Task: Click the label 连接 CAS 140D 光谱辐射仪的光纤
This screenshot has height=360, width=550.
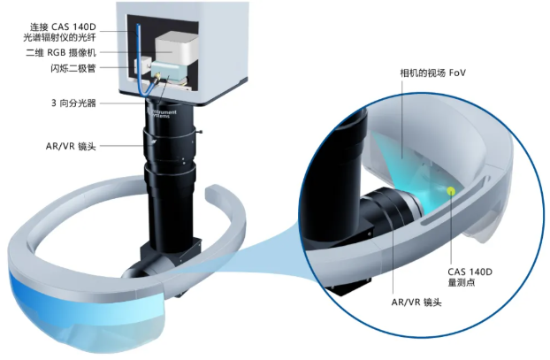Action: [x=59, y=32]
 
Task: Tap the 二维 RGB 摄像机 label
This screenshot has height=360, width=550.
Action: [x=61, y=53]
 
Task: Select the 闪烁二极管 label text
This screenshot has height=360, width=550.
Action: [x=73, y=68]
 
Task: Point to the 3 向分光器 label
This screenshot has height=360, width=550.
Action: [x=73, y=103]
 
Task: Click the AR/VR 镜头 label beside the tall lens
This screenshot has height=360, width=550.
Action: [x=71, y=146]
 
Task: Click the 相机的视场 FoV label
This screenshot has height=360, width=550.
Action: [x=433, y=73]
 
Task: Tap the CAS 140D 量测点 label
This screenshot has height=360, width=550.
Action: [x=470, y=277]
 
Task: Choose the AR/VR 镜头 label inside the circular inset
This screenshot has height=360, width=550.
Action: [x=416, y=303]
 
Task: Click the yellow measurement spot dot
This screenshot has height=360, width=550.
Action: [x=451, y=191]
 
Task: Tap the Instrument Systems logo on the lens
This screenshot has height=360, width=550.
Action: [x=164, y=113]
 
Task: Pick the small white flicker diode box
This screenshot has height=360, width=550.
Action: [x=141, y=67]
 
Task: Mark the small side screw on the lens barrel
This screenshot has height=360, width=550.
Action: [x=200, y=133]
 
